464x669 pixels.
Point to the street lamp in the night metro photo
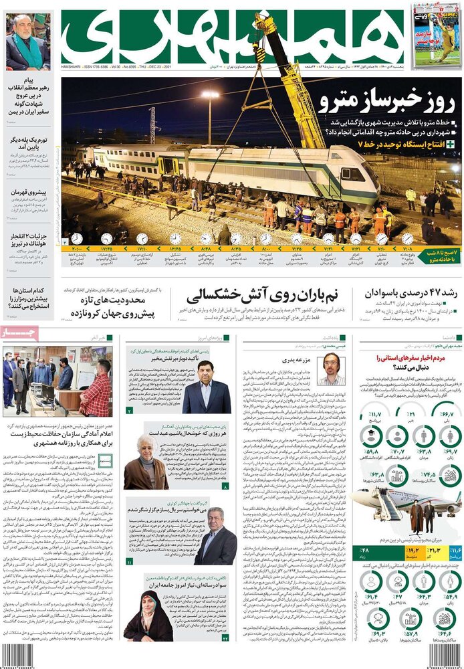point(210,97)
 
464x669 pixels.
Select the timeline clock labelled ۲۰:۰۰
point(76,239)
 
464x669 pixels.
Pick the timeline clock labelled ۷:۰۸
point(407,239)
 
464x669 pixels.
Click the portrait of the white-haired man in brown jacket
point(145,462)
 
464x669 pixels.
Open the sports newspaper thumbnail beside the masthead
point(436,33)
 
